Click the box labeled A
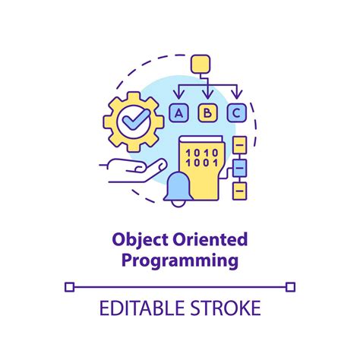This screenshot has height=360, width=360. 179,113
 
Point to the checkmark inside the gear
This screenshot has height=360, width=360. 131,120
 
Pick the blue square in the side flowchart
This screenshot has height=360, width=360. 239,166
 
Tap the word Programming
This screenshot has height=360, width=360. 180,262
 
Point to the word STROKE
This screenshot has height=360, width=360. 225,308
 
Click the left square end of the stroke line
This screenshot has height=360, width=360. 70,286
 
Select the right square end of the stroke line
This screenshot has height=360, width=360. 290,286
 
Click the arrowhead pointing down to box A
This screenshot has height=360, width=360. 179,96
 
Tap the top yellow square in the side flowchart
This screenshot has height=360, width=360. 239,144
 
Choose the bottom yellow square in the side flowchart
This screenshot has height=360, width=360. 239,189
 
